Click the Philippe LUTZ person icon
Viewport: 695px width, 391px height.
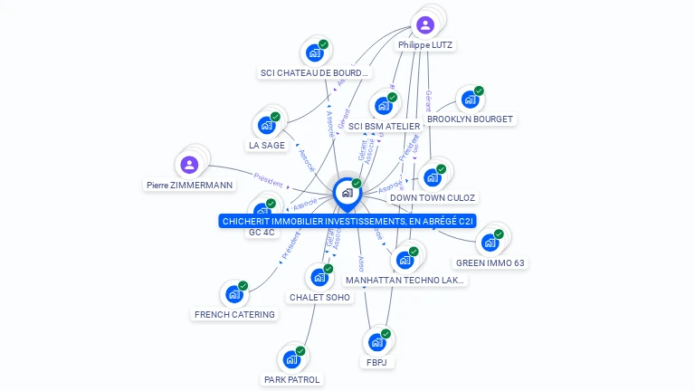point(425,24)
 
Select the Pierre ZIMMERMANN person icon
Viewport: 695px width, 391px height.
point(189,165)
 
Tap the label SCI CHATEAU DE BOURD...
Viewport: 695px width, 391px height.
point(314,72)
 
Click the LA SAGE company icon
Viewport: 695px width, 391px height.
point(267,125)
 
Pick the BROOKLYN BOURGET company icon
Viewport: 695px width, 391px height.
point(470,99)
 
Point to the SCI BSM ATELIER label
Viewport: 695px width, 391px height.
point(384,126)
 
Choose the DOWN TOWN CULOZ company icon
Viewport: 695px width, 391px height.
point(433,177)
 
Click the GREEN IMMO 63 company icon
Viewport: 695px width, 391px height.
point(490,243)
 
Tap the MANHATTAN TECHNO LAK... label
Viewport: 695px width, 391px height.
point(405,281)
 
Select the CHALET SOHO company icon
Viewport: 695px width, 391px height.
point(319,277)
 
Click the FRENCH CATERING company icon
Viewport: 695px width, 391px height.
point(234,294)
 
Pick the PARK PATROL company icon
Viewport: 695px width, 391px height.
point(291,359)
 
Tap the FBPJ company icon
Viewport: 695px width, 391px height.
point(376,343)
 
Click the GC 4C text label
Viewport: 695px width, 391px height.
point(262,233)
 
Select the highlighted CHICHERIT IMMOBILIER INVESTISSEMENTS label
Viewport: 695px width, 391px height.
point(347,220)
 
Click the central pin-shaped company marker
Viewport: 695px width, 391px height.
point(347,193)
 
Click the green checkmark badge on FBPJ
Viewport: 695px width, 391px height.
point(386,334)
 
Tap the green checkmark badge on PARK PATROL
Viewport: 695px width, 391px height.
point(300,350)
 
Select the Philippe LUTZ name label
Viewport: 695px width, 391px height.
point(425,44)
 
